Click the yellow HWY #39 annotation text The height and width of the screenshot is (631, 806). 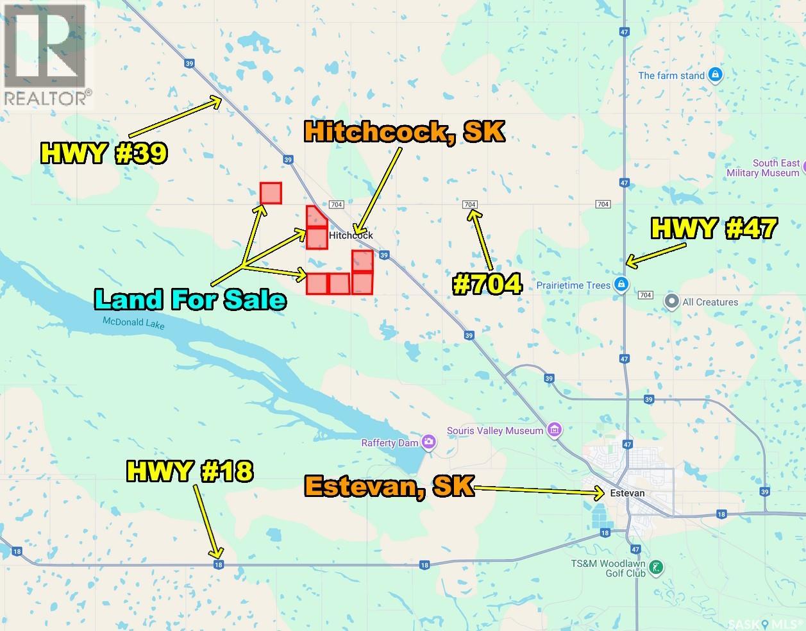[104, 153]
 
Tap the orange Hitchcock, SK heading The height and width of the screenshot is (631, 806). [404, 131]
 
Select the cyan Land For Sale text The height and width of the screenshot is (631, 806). [190, 299]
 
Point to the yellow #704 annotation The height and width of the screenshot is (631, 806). [487, 284]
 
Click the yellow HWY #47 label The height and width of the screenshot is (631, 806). [714, 228]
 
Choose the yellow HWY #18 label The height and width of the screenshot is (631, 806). [190, 471]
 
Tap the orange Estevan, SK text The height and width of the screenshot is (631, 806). [389, 486]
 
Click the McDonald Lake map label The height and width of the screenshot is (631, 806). [133, 324]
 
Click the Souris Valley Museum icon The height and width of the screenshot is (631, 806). [555, 430]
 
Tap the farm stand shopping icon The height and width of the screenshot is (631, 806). [716, 75]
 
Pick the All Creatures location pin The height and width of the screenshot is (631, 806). [672, 301]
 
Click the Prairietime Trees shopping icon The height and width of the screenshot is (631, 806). [621, 284]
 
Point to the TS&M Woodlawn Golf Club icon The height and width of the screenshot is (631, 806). [656, 567]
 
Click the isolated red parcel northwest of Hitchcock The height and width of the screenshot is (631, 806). [271, 193]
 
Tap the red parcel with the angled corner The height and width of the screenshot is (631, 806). [317, 217]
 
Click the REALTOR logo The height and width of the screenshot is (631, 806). [46, 55]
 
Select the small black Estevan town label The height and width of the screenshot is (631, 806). [628, 493]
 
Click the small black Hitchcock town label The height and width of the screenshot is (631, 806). [351, 235]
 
